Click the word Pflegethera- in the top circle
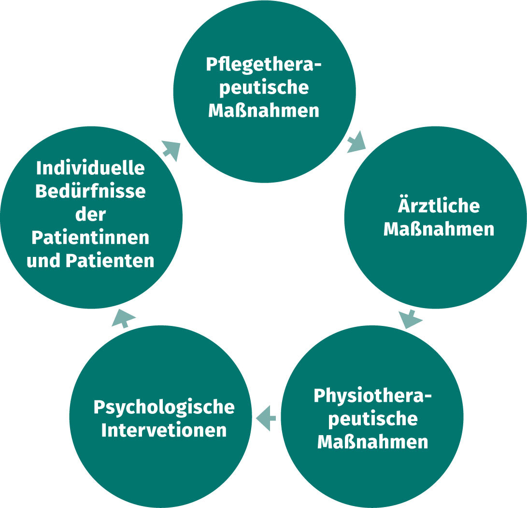[264, 65]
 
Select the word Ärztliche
[439, 206]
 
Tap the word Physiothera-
[372, 395]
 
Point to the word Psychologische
[164, 407]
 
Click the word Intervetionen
[164, 430]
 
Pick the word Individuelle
[91, 168]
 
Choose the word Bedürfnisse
[91, 191]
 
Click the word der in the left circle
[91, 214]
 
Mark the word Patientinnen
[91, 238]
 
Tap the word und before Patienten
[44, 261]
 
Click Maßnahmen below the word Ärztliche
[439, 229]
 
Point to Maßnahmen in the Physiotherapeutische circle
[372, 441]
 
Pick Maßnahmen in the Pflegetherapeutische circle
[264, 110]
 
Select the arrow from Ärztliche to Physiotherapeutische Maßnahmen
[410, 319]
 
